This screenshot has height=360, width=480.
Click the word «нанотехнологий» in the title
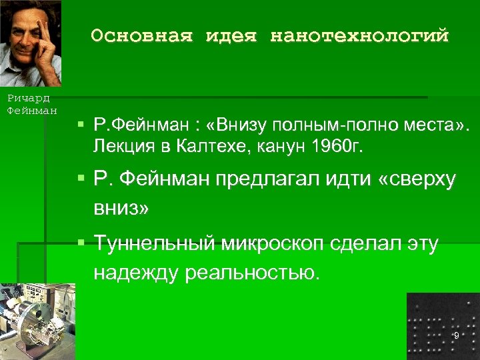click(x=359, y=36)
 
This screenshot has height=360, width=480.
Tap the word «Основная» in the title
click(x=139, y=36)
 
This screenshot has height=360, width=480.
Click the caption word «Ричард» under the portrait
click(x=25, y=98)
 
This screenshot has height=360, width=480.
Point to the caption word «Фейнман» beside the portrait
click(x=31, y=109)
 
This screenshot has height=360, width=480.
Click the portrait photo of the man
click(x=31, y=43)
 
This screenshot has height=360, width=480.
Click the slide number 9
click(x=456, y=335)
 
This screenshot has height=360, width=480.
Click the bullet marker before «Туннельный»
click(x=79, y=242)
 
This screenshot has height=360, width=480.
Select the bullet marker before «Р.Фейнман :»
click(x=79, y=124)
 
